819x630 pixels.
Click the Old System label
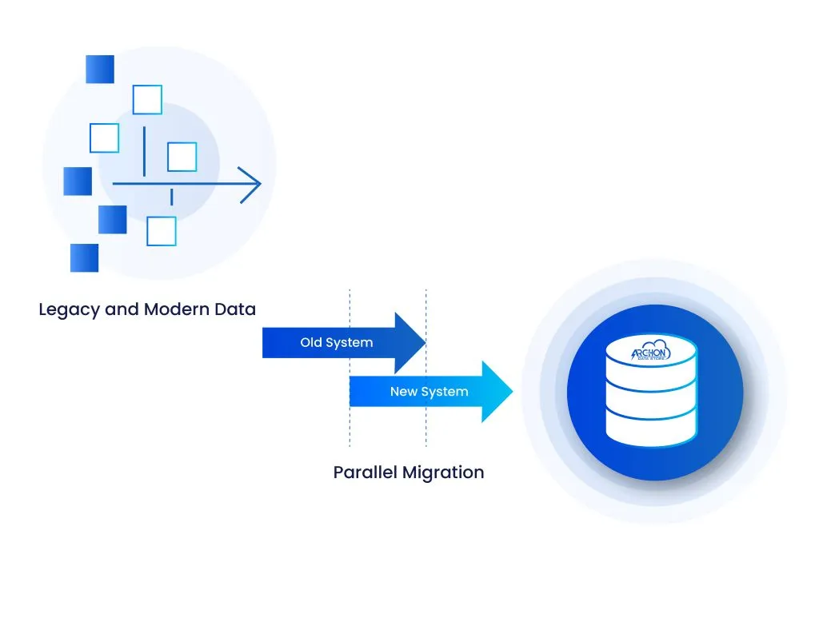click(336, 343)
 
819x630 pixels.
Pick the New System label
click(429, 392)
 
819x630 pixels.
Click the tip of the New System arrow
click(510, 392)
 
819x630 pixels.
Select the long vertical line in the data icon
click(144, 150)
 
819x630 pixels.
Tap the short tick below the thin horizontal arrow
click(171, 197)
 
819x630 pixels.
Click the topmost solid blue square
click(100, 70)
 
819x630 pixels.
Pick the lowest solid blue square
click(84, 257)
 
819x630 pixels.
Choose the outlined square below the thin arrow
click(162, 231)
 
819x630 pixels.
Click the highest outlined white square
click(147, 100)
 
